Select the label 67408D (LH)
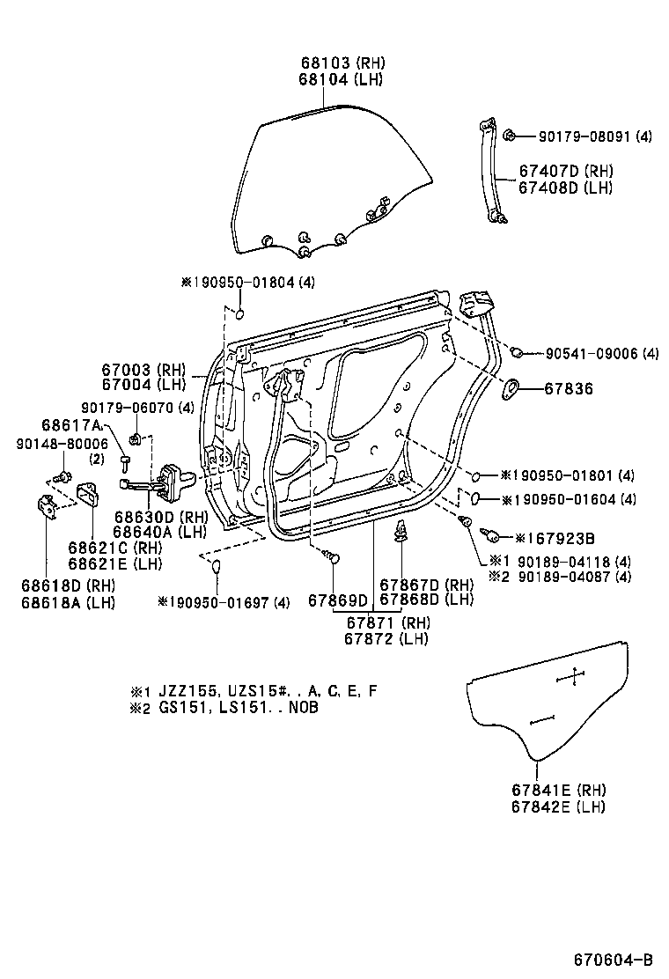click(565, 188)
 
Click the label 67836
click(568, 388)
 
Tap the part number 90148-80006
click(49, 444)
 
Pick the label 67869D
click(337, 601)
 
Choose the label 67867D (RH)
click(426, 585)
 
